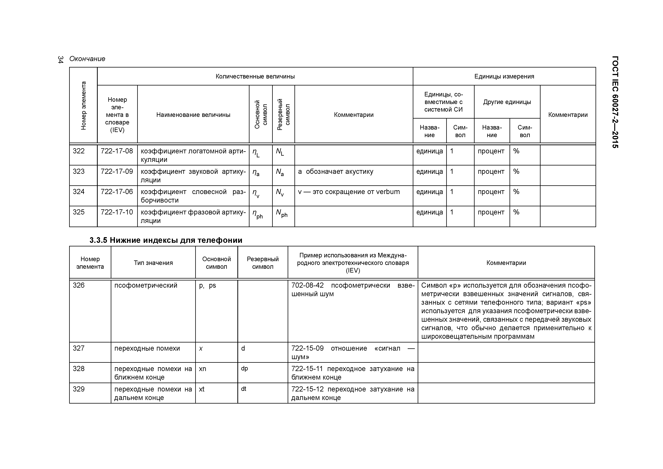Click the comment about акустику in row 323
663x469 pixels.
[335, 172]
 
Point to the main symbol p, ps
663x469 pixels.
[207, 286]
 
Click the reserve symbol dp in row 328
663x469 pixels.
[244, 368]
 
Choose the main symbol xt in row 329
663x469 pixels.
[201, 389]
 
